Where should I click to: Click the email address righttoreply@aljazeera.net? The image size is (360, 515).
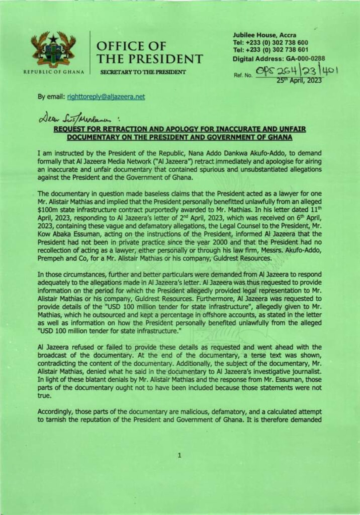[102, 97]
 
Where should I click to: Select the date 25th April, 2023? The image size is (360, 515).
[299, 79]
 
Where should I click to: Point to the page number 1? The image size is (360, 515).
[179, 456]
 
